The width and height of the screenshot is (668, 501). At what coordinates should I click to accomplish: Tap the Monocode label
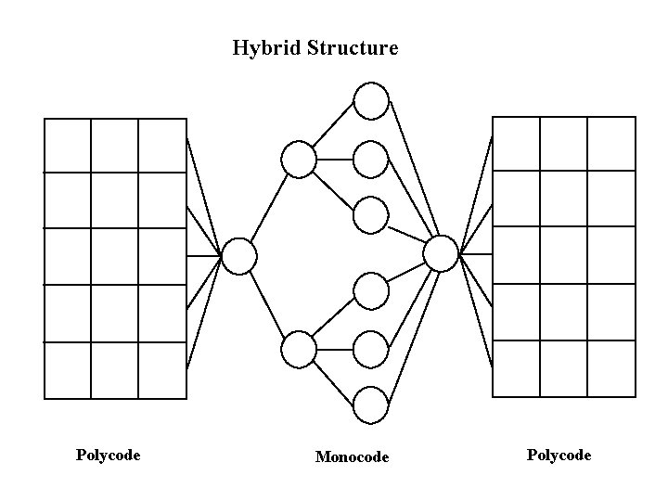[x=352, y=456]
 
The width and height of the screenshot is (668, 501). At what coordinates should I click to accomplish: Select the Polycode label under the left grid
[x=108, y=455]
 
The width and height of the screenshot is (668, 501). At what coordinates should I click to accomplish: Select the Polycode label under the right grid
[x=559, y=455]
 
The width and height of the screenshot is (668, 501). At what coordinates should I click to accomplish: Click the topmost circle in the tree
[x=371, y=101]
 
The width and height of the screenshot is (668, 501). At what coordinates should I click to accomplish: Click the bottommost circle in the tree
[x=371, y=405]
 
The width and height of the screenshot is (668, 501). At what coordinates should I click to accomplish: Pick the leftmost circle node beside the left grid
[x=238, y=255]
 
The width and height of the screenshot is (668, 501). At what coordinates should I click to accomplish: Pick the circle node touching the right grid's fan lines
[x=441, y=252]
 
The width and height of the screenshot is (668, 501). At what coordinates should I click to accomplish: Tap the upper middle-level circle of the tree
[x=299, y=160]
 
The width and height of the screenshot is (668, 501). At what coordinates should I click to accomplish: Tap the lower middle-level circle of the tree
[x=299, y=349]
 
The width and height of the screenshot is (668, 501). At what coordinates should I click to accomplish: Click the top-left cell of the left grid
[x=68, y=146]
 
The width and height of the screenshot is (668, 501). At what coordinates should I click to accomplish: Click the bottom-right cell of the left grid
[x=162, y=370]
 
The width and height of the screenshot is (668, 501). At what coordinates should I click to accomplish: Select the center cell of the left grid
[x=115, y=256]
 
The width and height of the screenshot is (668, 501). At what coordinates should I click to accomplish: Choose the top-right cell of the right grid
[x=611, y=144]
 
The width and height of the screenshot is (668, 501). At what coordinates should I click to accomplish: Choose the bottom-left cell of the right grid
[x=516, y=368]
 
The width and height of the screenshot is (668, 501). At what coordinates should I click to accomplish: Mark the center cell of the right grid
[x=563, y=255]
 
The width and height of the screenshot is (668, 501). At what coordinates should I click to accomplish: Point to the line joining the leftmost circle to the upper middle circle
[x=269, y=207]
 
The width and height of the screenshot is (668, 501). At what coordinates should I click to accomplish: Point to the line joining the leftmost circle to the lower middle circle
[x=268, y=302]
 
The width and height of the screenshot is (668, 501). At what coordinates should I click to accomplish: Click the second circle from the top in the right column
[x=371, y=159]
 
